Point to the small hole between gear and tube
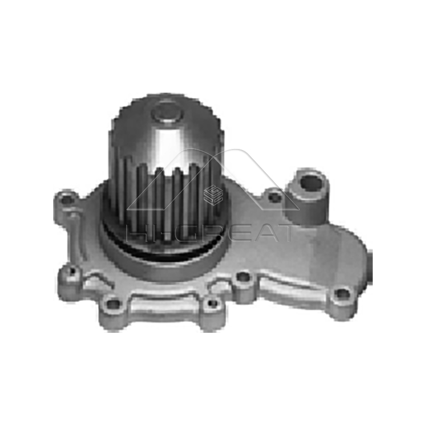(275, 198)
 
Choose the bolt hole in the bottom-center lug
(213, 304)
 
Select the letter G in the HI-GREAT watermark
(195, 233)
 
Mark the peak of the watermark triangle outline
(234, 150)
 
